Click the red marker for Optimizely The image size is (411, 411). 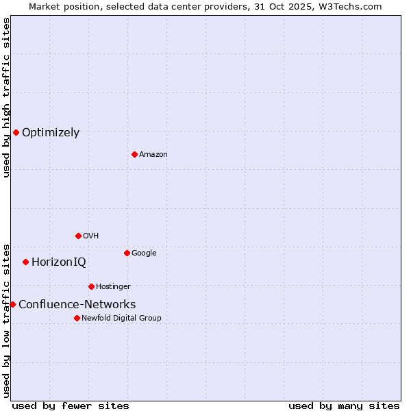(16, 132)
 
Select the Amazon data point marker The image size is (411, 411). (134, 154)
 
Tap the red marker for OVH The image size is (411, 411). (78, 236)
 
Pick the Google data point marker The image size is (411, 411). (127, 253)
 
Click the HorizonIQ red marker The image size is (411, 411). (25, 262)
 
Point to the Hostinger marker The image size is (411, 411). (91, 286)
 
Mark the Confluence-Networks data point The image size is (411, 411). (12, 304)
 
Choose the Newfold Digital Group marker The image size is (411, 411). (77, 318)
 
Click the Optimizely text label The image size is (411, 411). (51, 133)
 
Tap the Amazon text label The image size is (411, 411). (153, 155)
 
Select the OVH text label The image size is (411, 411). (91, 236)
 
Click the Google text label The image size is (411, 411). (144, 253)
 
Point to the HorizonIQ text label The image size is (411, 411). (59, 262)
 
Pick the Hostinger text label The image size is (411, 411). (113, 287)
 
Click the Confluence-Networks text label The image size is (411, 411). (77, 305)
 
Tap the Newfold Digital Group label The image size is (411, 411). (121, 319)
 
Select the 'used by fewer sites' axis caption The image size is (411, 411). (71, 406)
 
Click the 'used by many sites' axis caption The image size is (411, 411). (344, 406)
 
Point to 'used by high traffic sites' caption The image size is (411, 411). (6, 97)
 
